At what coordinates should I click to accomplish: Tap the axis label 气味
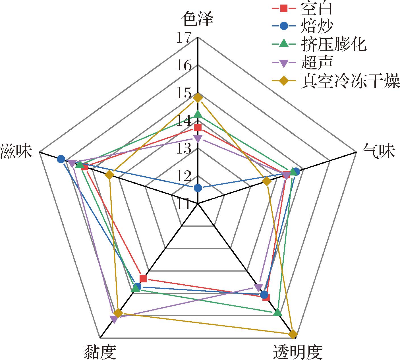[379, 151]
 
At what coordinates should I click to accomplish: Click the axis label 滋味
[16, 151]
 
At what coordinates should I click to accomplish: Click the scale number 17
[184, 38]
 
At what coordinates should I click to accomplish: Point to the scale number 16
[184, 65]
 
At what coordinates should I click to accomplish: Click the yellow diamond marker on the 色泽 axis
[198, 98]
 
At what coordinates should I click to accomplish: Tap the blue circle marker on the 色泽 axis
[198, 188]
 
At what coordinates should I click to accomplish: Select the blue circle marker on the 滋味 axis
[61, 159]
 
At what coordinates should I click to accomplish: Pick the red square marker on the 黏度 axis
[143, 278]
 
